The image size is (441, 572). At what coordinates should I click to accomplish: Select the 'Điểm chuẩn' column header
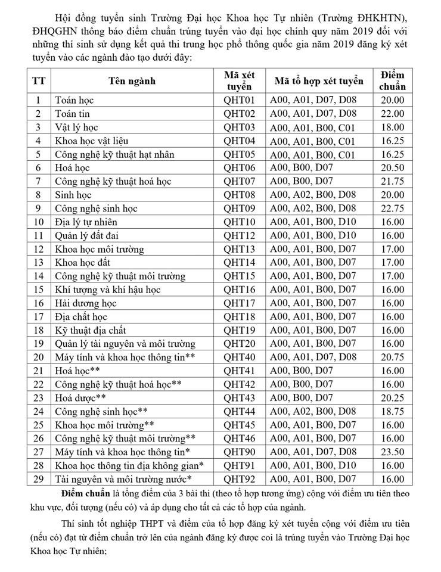(x=392, y=81)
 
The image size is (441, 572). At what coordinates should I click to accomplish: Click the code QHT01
(x=238, y=100)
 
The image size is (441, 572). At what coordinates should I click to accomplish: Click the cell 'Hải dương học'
(x=85, y=303)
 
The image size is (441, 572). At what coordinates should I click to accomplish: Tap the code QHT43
(x=238, y=397)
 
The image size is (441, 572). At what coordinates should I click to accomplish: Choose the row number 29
(x=39, y=478)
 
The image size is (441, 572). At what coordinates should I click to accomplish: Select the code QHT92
(x=238, y=478)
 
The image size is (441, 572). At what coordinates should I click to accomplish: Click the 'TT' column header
(x=39, y=81)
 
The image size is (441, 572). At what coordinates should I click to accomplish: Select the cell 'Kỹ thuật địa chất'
(x=90, y=329)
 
